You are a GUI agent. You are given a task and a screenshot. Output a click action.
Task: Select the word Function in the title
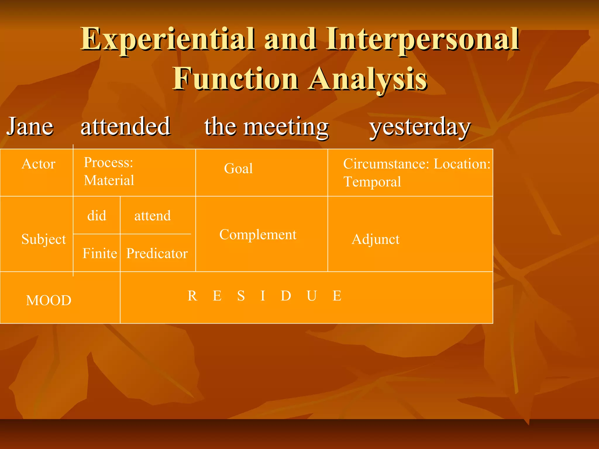[235, 79]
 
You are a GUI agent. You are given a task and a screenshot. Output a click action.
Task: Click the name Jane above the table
[30, 126]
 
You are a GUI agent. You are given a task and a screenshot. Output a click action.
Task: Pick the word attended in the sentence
[125, 126]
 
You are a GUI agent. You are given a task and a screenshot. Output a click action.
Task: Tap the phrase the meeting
[266, 127]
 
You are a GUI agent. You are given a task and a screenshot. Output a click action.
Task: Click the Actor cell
[38, 164]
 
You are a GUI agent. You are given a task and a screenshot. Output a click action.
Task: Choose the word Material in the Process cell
[109, 180]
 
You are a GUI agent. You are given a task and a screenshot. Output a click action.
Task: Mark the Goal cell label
[238, 169]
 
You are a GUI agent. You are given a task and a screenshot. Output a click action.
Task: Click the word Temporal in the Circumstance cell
[372, 182]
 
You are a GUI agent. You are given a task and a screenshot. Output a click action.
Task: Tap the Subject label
[44, 239]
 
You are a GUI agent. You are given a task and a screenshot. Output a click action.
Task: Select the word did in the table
[97, 216]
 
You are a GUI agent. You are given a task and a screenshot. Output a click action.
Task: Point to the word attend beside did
[152, 216]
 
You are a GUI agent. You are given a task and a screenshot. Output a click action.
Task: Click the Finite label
[100, 253]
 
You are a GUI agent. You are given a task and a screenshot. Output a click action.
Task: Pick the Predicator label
[157, 253]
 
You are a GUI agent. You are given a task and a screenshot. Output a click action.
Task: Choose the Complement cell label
[258, 235]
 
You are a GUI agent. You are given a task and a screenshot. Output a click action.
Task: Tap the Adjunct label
[375, 239]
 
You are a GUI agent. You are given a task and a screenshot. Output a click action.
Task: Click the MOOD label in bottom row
[49, 301]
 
